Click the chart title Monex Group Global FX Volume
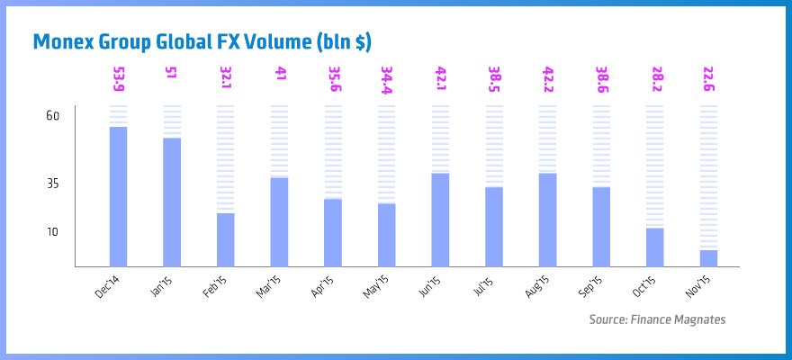tap(202, 41)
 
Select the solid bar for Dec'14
tap(118, 196)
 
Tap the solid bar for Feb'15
tap(225, 239)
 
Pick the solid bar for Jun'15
tap(440, 219)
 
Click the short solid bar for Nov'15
tap(708, 257)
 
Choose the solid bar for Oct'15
tap(654, 247)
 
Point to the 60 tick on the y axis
tap(52, 116)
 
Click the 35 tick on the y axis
tap(52, 184)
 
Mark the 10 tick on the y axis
tap(52, 232)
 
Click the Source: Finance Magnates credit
tap(657, 319)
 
